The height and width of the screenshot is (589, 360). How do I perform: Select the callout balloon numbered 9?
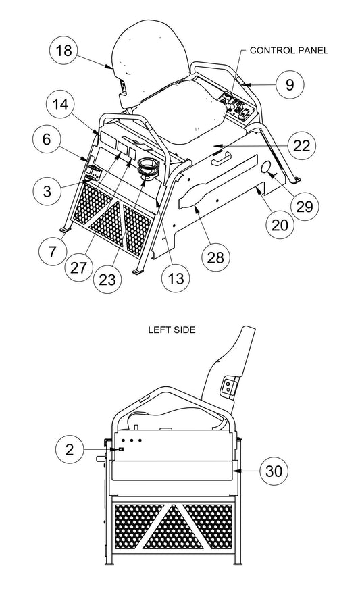point(289,84)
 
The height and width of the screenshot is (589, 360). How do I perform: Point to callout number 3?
point(47,190)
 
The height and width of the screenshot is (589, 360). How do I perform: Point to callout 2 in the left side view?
point(70,449)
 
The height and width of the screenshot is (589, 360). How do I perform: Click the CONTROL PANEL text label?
point(289,51)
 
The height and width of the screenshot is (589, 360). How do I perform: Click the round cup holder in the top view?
point(147,166)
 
